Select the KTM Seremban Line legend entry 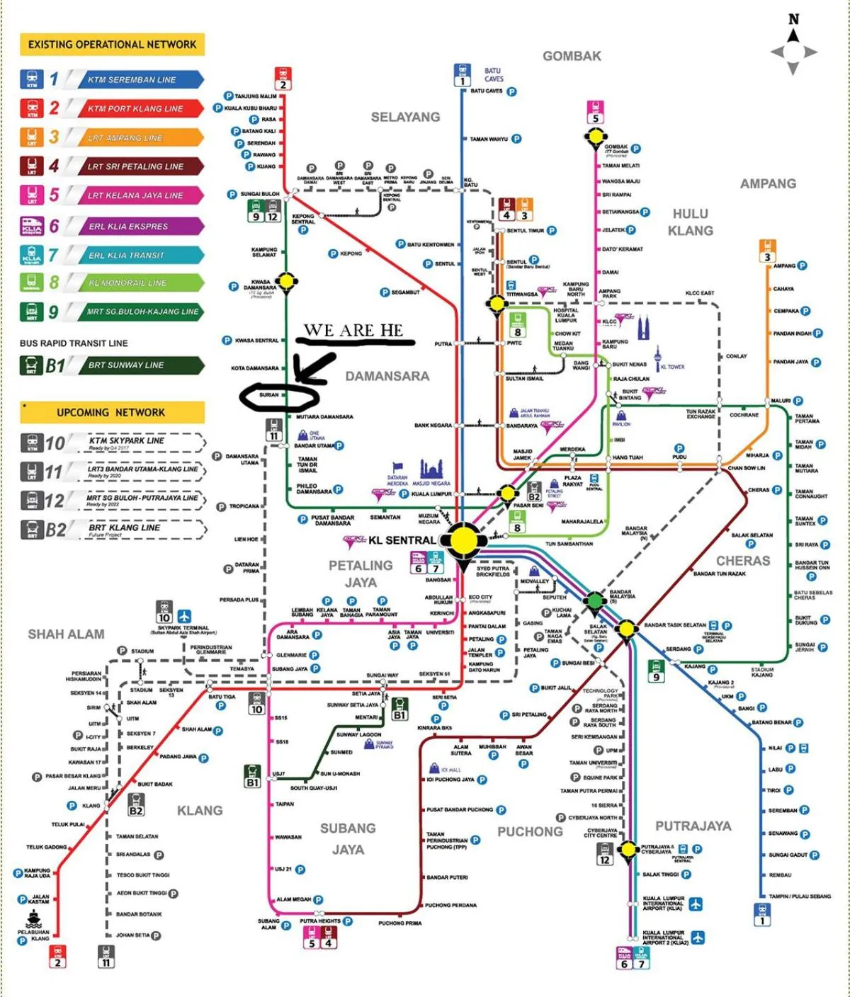tap(132, 80)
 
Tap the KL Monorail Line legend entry tap(127, 283)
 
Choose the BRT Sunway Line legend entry tap(126, 365)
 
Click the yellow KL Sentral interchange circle tap(463, 540)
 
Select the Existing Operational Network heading tap(112, 45)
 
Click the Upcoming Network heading tap(111, 412)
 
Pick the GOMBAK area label tap(572, 56)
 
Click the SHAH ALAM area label tap(66, 634)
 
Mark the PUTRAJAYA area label tap(693, 826)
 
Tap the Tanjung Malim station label tap(256, 96)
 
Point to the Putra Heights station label tap(320, 921)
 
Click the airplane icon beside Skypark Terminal tap(184, 616)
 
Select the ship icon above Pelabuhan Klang tap(33, 919)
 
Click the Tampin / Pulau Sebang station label tap(800, 896)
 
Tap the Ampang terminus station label tap(784, 266)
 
